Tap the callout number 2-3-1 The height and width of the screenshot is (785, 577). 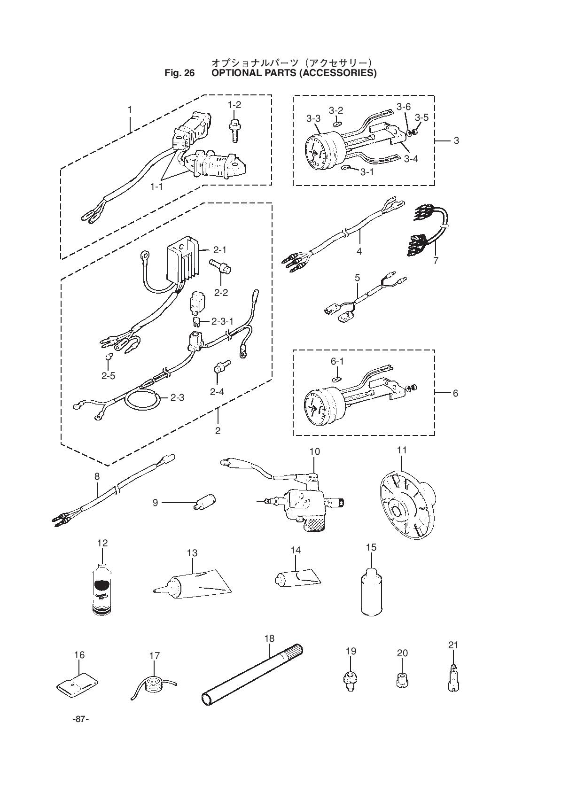pyautogui.click(x=222, y=321)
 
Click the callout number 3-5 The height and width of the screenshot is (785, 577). pyautogui.click(x=421, y=117)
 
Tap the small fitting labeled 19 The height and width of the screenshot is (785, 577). pyautogui.click(x=350, y=679)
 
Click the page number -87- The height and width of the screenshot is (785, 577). pyautogui.click(x=80, y=719)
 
